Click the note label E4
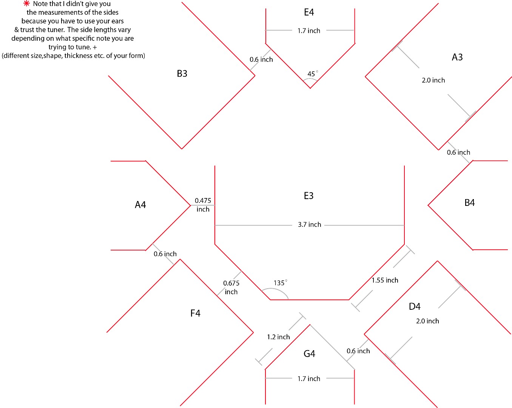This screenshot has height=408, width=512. click(309, 12)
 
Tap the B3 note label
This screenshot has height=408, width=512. click(182, 74)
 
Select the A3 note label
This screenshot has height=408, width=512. click(457, 57)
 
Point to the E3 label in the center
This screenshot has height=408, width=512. click(308, 196)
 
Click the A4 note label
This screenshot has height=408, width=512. click(140, 205)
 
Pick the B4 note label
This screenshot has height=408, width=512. click(469, 202)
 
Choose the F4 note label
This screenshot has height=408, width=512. click(195, 313)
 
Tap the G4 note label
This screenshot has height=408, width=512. click(309, 354)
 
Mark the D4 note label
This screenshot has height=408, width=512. click(415, 306)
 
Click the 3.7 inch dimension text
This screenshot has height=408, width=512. click(309, 224)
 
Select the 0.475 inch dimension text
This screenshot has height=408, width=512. click(203, 205)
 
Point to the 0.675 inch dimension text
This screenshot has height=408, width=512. click(231, 287)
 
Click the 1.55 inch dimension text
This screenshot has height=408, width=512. click(385, 280)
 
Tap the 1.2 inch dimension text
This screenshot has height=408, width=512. click(278, 337)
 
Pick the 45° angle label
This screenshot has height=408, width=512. click(313, 74)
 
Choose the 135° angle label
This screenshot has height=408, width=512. click(280, 283)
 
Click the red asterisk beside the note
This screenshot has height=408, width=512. click(26, 3)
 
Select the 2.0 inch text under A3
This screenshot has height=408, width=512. click(433, 80)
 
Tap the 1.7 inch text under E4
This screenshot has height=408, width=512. click(309, 31)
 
